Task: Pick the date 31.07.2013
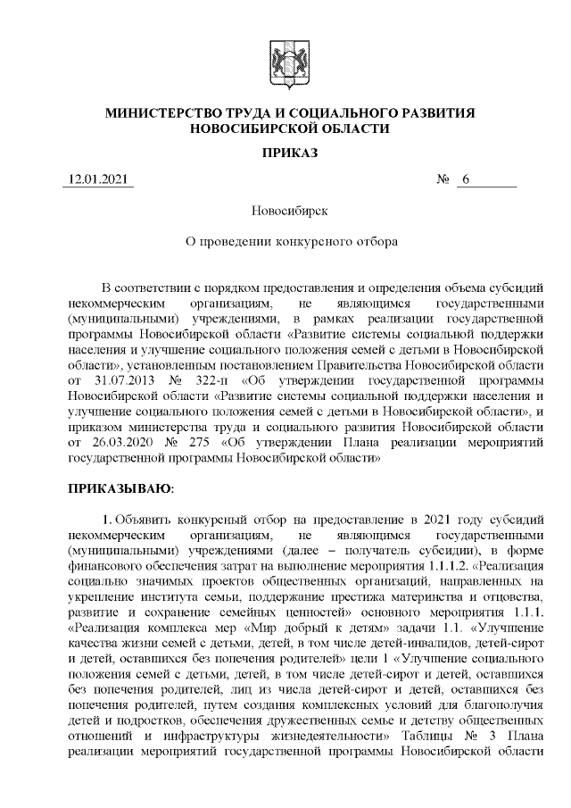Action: (127, 381)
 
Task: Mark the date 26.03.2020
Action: (127, 443)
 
